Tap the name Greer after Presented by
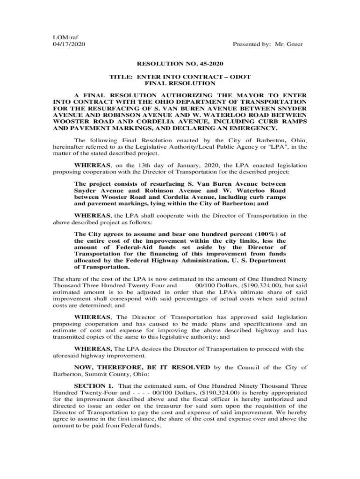point(294,44)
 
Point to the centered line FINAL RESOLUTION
point(180,83)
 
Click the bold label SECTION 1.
point(94,385)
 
